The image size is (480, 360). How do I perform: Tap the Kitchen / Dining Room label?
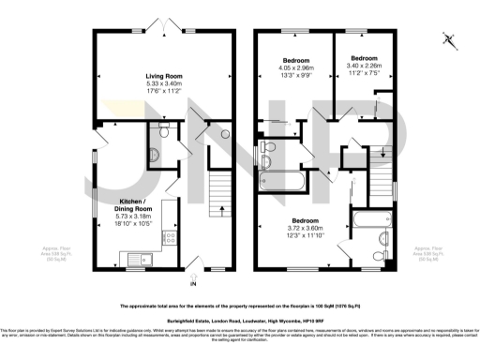[129, 206]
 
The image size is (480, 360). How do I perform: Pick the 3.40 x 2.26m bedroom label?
[363, 59]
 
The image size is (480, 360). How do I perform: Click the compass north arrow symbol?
[449, 39]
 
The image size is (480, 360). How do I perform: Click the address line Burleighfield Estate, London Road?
[238, 322]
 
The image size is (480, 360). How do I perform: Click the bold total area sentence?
[238, 307]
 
